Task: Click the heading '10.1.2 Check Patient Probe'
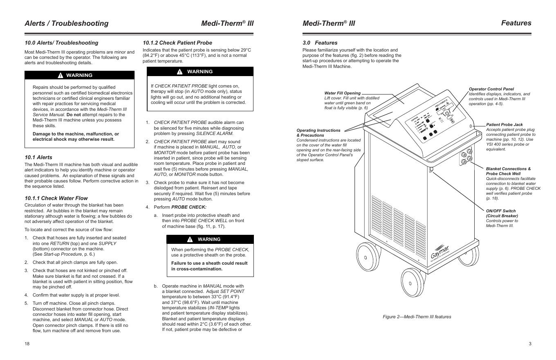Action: tap(177, 43)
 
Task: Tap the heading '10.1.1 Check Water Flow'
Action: tap(56, 198)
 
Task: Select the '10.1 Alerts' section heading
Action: tap(38, 157)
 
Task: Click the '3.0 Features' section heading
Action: tap(320, 43)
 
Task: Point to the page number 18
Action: tap(27, 344)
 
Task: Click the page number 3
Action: tap(530, 344)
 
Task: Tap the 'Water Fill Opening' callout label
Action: tap(343, 93)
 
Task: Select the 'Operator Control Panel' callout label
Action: tap(491, 89)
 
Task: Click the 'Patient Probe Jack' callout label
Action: tap(504, 124)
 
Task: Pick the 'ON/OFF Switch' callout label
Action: tap(500, 211)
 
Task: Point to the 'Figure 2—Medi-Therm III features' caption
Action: tap(417, 317)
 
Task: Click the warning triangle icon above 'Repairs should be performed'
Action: tap(60, 75)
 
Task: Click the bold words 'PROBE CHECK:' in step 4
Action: tap(189, 207)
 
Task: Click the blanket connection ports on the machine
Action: tap(466, 157)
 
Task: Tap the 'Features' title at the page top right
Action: tap(516, 23)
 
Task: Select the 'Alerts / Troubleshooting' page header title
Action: tap(67, 23)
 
